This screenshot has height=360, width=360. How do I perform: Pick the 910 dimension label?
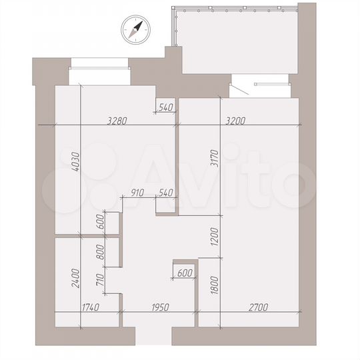[x=138, y=193]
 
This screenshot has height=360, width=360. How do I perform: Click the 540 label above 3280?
[x=165, y=107]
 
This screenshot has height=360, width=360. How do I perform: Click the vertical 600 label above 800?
[x=101, y=223]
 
